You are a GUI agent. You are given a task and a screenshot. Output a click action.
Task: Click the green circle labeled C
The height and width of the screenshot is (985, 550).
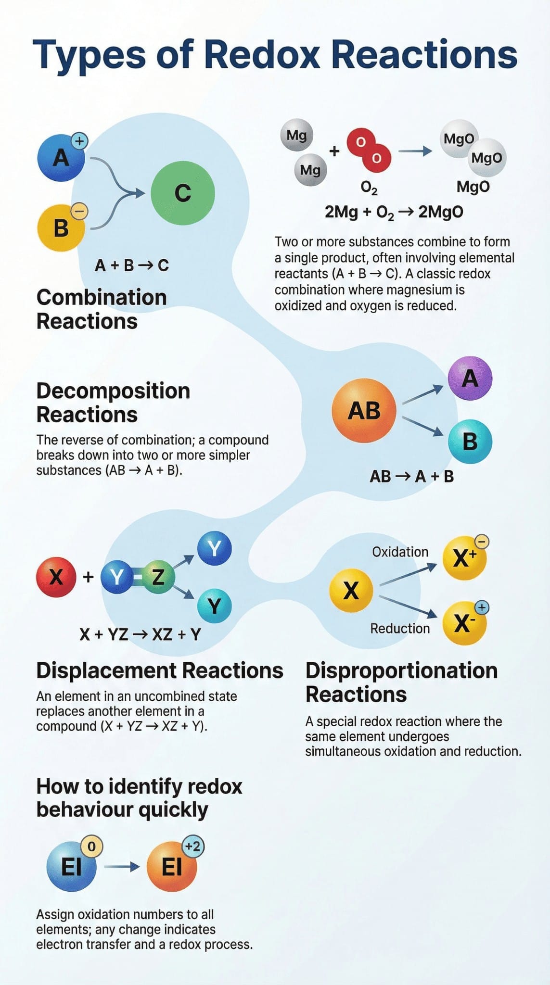tap(182, 193)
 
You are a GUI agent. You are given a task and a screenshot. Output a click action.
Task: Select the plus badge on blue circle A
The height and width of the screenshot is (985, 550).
tap(79, 141)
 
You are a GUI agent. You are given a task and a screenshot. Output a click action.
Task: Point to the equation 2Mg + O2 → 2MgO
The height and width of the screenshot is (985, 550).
tap(394, 212)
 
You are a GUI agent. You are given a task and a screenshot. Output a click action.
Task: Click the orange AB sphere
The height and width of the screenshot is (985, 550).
tap(364, 410)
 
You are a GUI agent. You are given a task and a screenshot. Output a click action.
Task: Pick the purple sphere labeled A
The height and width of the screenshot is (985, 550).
tap(470, 378)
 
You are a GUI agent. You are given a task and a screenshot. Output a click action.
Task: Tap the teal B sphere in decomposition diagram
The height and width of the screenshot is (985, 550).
tap(470, 442)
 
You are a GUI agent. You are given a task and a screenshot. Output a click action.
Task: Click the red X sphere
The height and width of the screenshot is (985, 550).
tap(56, 577)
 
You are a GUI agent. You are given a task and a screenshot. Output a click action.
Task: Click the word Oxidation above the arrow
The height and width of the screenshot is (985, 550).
tap(400, 552)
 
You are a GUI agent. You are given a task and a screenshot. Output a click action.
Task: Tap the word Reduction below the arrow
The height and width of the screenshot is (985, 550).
tap(400, 628)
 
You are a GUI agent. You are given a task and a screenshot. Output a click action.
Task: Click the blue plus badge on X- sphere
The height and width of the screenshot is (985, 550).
tap(482, 607)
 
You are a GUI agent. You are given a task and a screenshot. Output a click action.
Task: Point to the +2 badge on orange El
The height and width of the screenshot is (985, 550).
tap(193, 846)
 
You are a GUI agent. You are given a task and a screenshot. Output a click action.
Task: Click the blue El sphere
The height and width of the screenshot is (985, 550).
tap(72, 867)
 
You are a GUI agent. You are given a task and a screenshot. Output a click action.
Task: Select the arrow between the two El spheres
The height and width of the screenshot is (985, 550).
tap(122, 867)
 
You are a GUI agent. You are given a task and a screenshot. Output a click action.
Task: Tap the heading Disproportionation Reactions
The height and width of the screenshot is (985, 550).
tap(401, 682)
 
